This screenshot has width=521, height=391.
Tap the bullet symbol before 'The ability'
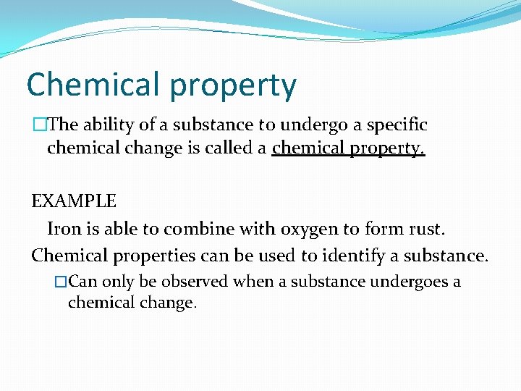click(x=38, y=125)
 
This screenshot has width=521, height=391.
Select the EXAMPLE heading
click(x=74, y=201)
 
